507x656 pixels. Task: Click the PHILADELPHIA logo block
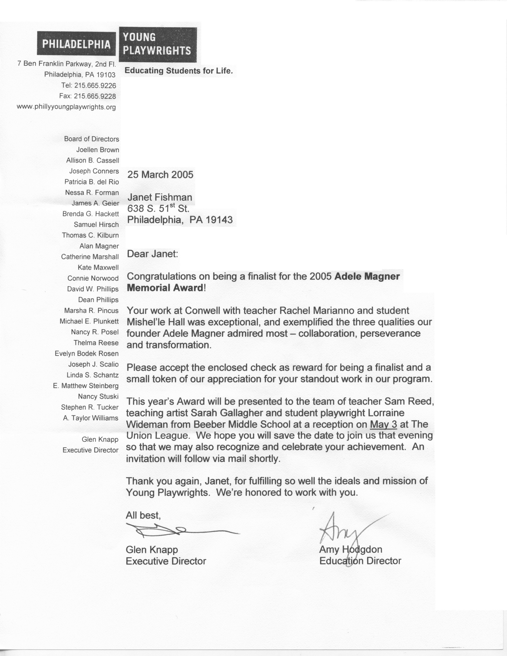(76, 44)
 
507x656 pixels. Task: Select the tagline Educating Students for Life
(179, 71)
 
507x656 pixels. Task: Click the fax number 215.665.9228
(95, 96)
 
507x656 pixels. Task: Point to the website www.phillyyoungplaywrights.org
(66, 107)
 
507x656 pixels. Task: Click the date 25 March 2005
(160, 175)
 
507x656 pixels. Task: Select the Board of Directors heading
(92, 139)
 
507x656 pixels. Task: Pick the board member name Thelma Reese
(96, 343)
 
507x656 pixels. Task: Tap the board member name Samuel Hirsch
(96, 225)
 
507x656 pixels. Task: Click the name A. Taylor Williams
(91, 418)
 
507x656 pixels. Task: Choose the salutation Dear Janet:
(152, 254)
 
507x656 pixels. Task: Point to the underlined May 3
(384, 424)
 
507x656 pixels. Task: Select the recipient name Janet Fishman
(160, 197)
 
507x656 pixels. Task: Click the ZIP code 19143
(219, 220)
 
